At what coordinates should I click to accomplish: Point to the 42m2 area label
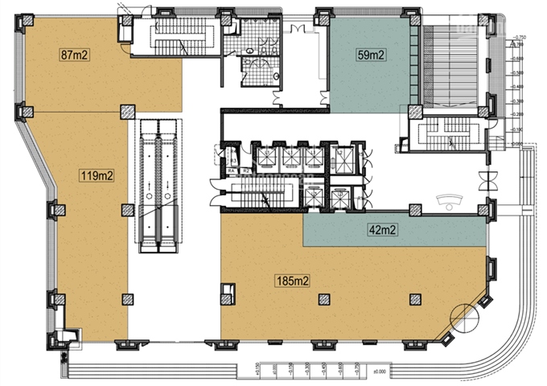[x=383, y=231]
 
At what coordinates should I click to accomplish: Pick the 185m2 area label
[x=293, y=281]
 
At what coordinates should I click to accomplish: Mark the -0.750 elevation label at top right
[x=520, y=37]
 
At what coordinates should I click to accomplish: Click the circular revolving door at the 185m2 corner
[x=464, y=317]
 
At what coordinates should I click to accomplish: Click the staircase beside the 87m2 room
[x=172, y=36]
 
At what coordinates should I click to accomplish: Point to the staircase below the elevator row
[x=257, y=195]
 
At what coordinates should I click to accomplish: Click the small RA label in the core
[x=229, y=170]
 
